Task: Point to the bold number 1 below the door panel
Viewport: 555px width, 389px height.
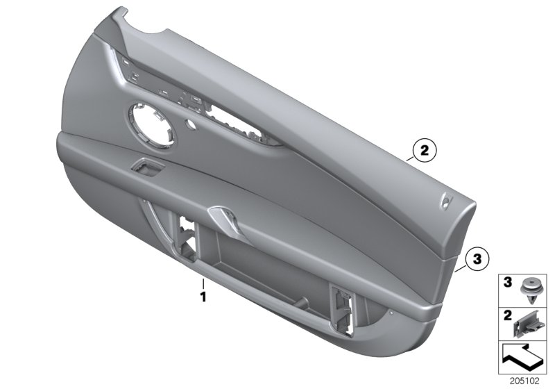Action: coord(203,296)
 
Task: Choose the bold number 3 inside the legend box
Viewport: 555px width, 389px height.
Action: coord(507,283)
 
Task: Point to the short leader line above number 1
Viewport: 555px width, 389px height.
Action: coord(203,284)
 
